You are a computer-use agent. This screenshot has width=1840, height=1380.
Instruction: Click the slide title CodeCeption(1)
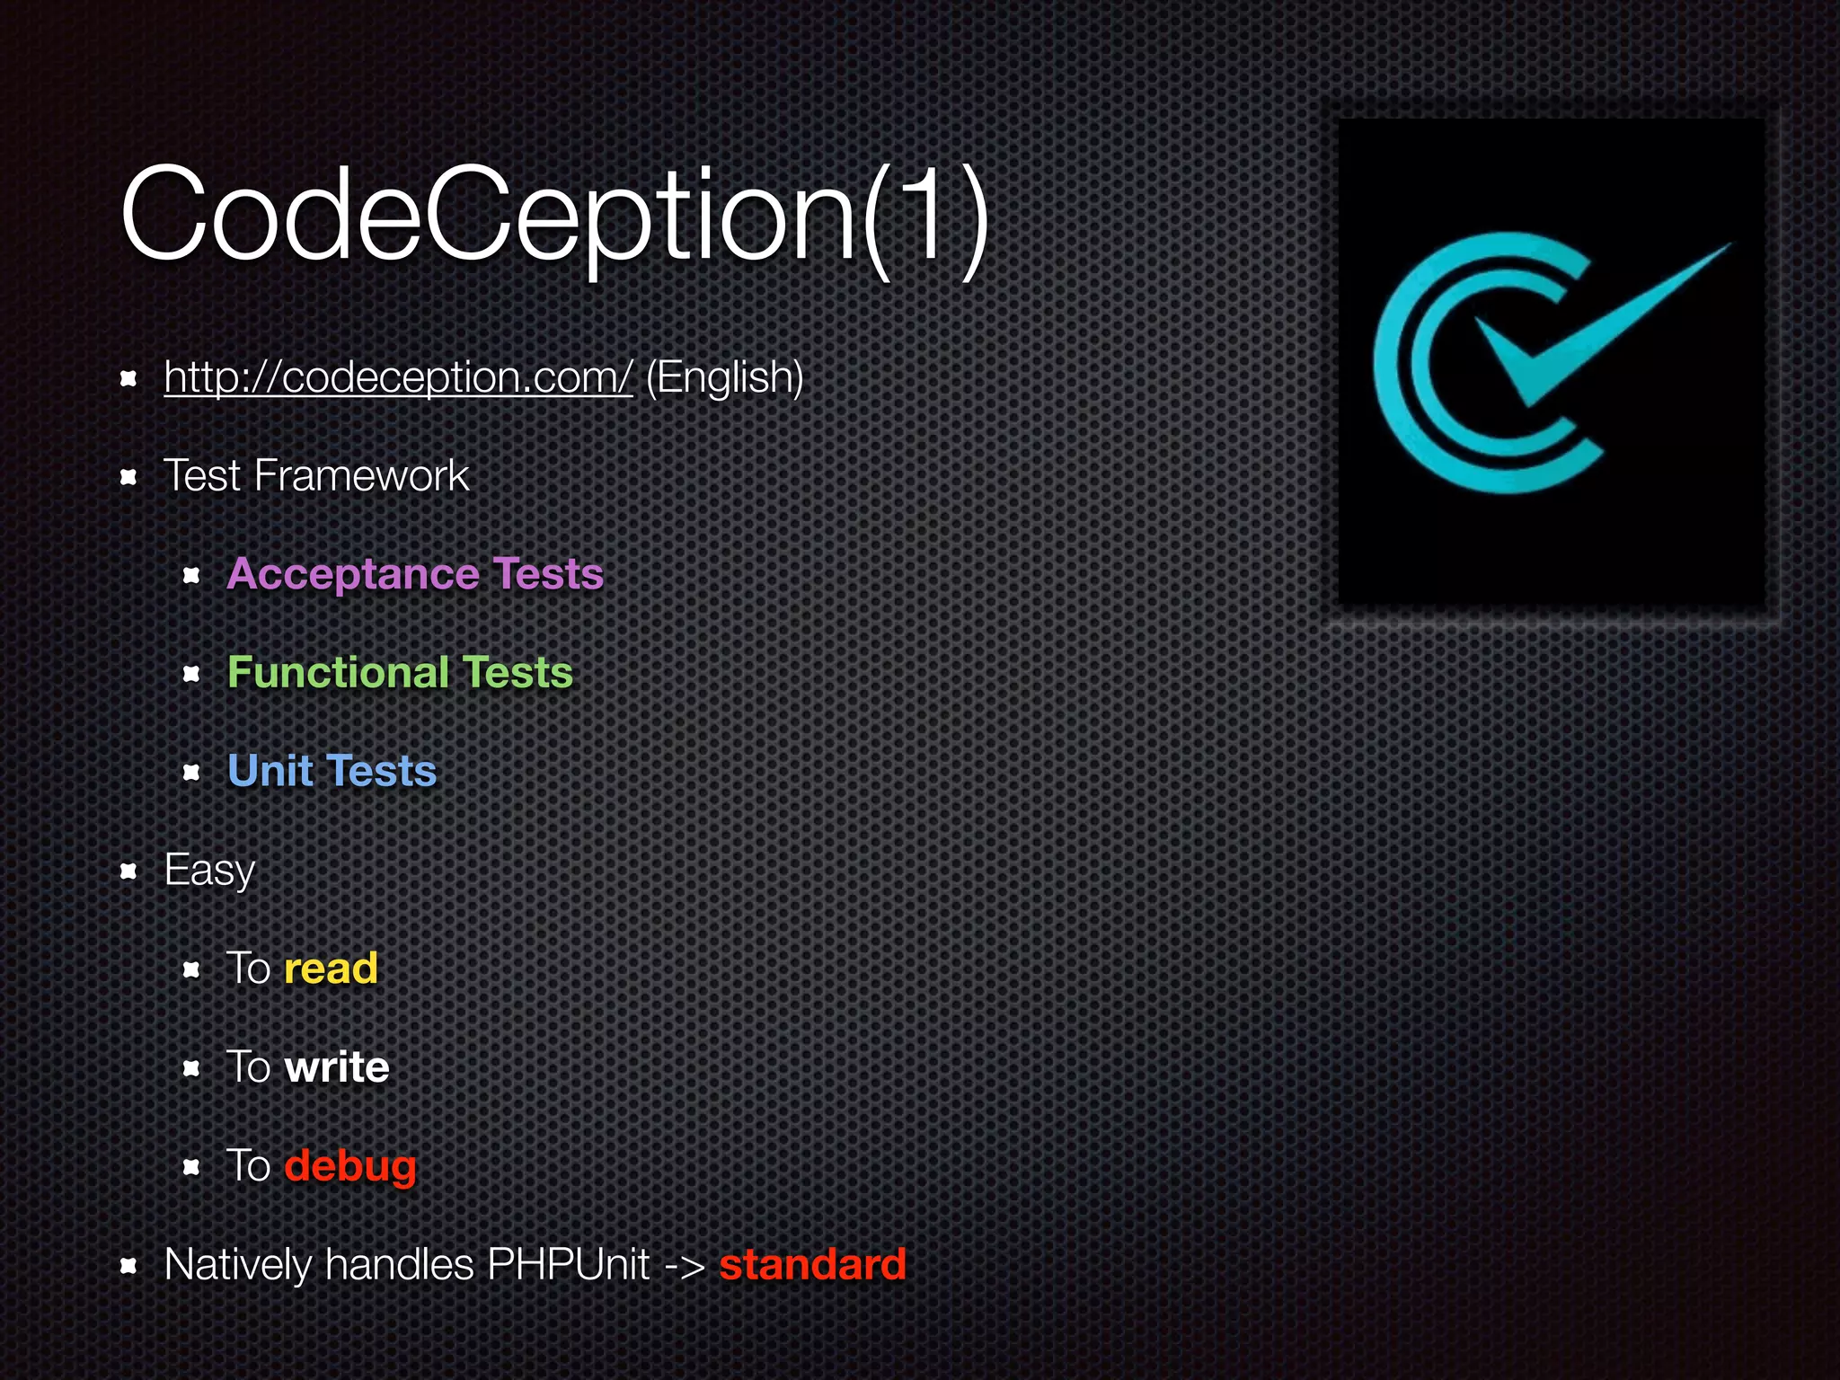coord(554,216)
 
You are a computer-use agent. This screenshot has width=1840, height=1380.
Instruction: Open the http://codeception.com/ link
coord(398,377)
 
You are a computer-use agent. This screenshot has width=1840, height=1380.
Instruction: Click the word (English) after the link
coord(724,377)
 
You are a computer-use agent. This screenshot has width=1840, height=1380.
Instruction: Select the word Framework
coord(361,475)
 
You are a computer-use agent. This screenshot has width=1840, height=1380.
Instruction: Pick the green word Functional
coord(338,672)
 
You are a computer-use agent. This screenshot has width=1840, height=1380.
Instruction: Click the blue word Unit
coord(270,771)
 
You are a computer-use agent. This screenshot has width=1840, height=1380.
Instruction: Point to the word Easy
coord(209,871)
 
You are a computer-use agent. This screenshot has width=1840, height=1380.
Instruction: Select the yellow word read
coord(331,969)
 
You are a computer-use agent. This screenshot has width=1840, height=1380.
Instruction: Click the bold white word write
coord(337,1067)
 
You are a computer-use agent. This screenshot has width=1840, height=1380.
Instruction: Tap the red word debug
coord(350,1166)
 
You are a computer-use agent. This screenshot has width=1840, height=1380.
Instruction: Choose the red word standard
coord(812,1265)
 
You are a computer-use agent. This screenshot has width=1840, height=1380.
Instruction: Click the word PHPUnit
coord(568,1265)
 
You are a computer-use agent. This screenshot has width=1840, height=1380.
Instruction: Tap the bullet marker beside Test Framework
coord(128,476)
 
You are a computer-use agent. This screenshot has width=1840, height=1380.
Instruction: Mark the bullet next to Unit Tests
coord(191,772)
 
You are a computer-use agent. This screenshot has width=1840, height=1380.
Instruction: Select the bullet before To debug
coord(191,1167)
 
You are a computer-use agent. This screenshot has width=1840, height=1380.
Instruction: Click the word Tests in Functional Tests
coord(517,672)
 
